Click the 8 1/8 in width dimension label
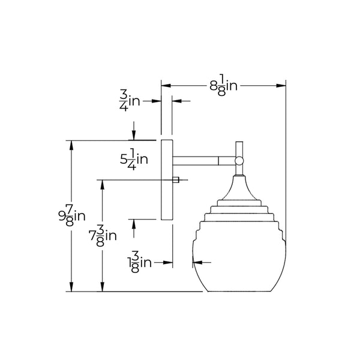(x=223, y=86)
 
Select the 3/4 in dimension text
(x=129, y=100)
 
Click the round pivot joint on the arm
(x=239, y=160)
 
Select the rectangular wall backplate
(x=166, y=180)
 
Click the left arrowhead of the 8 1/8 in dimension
(x=166, y=86)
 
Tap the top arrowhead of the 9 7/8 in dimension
(x=73, y=145)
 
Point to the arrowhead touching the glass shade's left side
(x=196, y=262)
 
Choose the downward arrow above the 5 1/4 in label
(x=134, y=134)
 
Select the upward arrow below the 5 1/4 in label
(x=134, y=223)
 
